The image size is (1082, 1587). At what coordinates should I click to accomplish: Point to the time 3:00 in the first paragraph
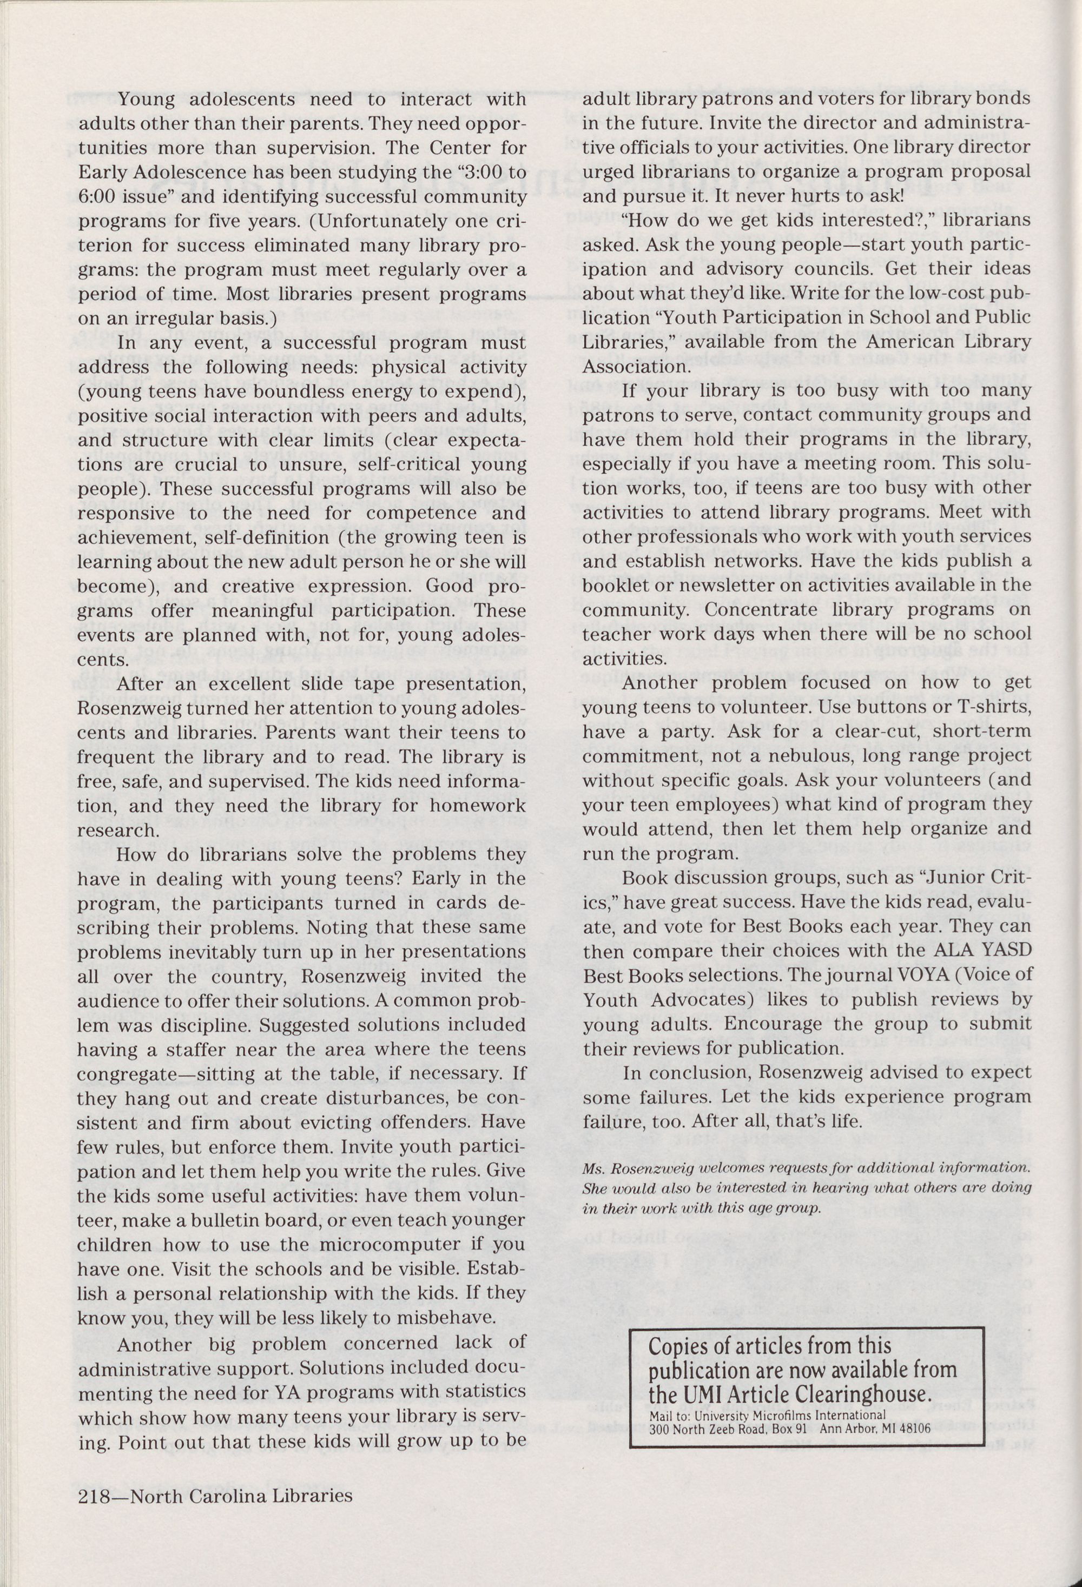click(476, 173)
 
